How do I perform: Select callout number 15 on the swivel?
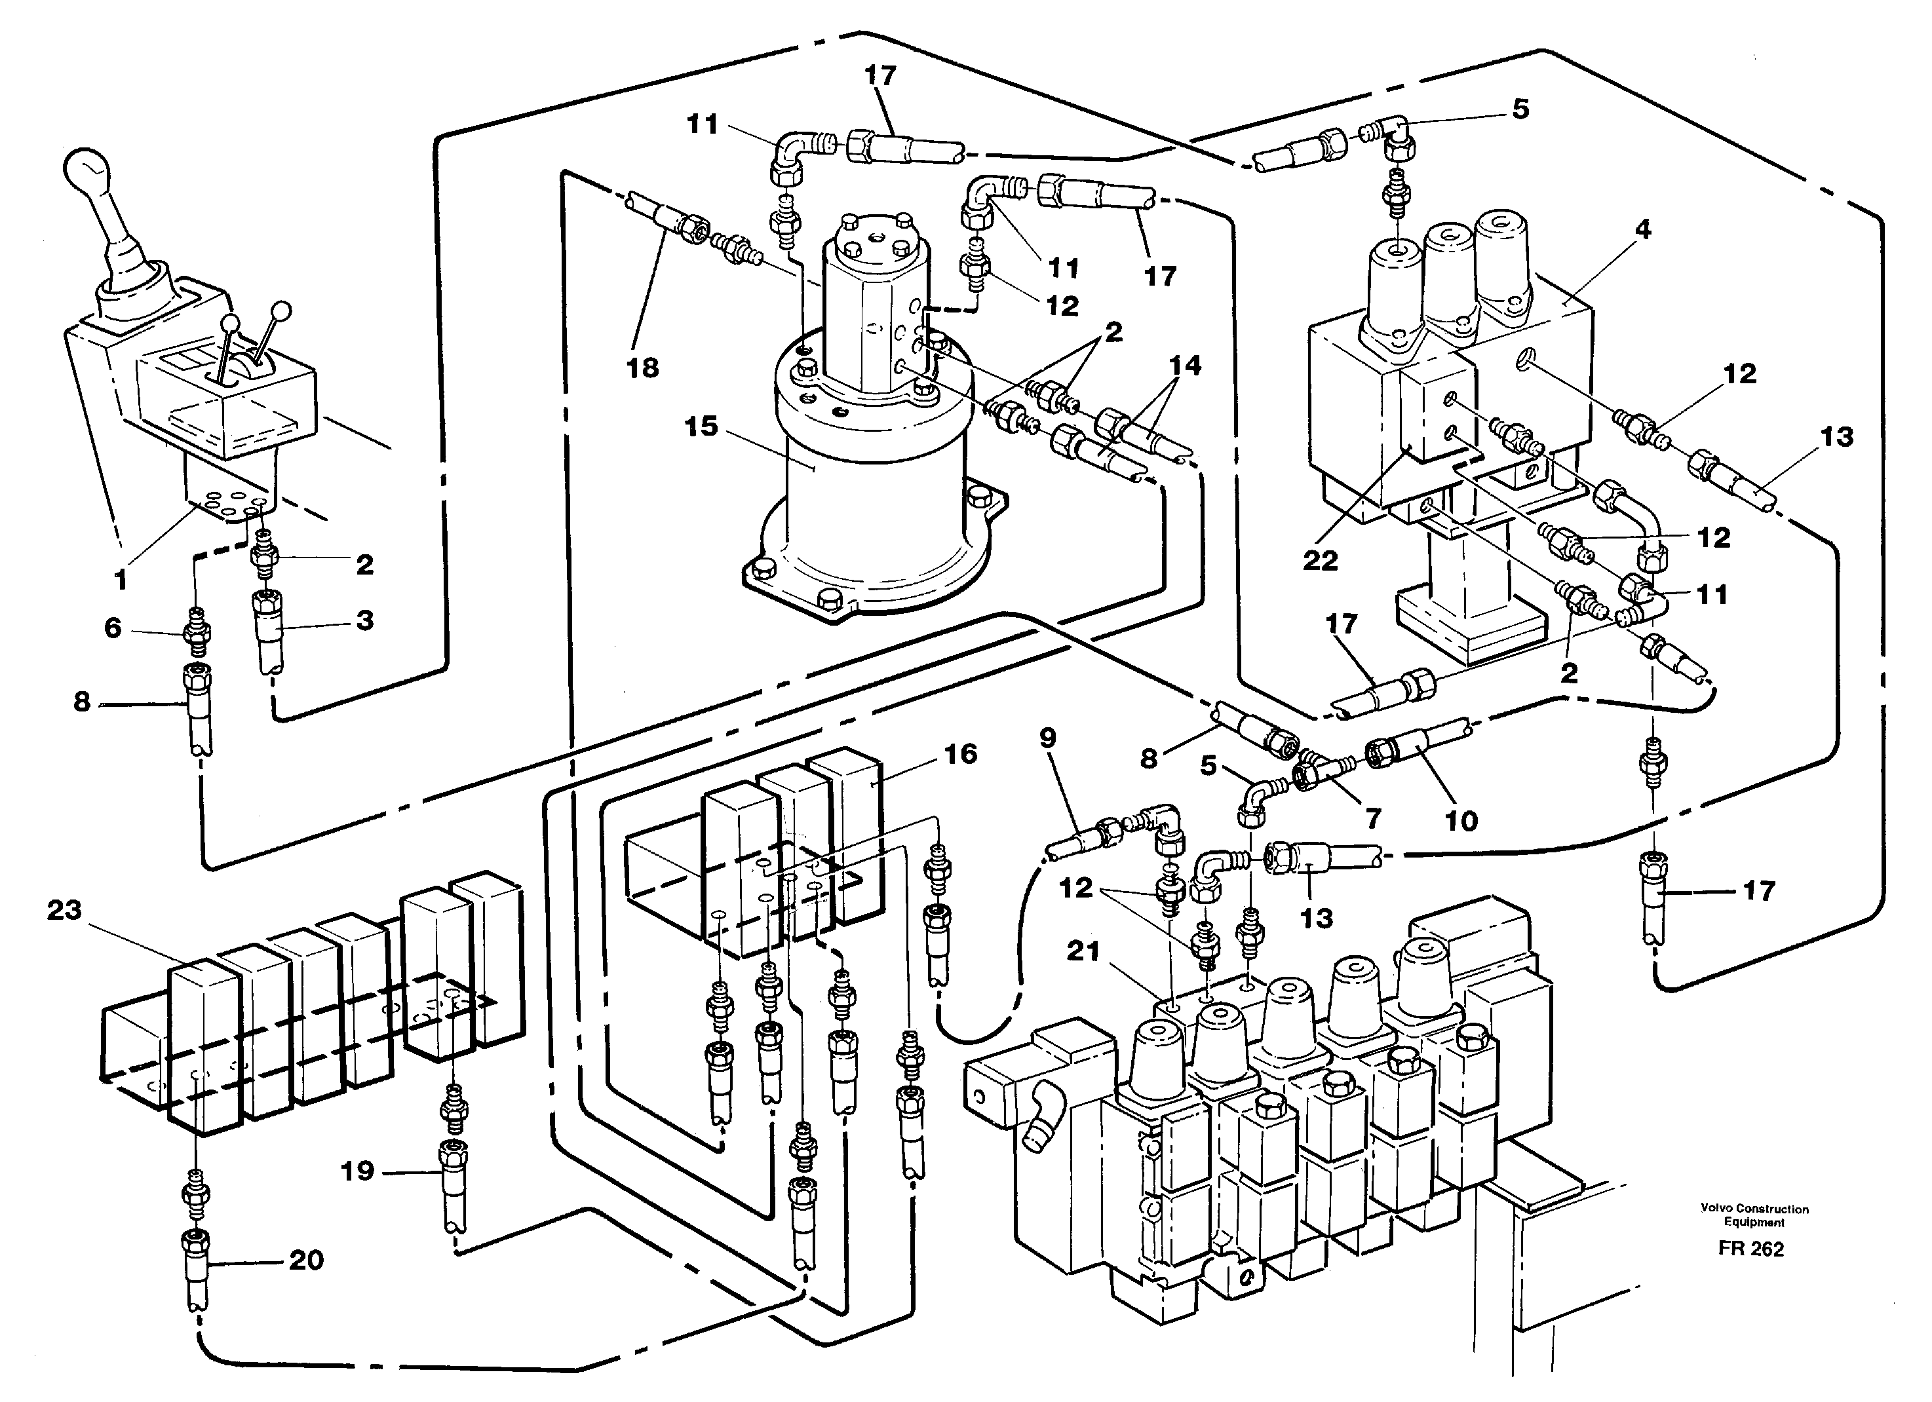pyautogui.click(x=701, y=426)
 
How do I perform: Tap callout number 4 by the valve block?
pyautogui.click(x=1642, y=229)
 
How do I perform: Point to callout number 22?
pyautogui.click(x=1319, y=559)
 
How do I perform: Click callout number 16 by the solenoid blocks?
pyautogui.click(x=960, y=754)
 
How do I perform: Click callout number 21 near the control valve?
pyautogui.click(x=1083, y=951)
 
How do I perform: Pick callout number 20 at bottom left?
pyautogui.click(x=306, y=1260)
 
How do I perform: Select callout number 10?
pyautogui.click(x=1461, y=820)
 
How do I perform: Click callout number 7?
pyautogui.click(x=1372, y=818)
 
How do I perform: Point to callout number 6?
pyautogui.click(x=113, y=628)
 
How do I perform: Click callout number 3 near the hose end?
pyautogui.click(x=364, y=620)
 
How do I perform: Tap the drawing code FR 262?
pyautogui.click(x=1750, y=1249)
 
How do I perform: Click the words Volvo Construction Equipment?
pyautogui.click(x=1754, y=1215)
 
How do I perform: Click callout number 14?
pyautogui.click(x=1185, y=366)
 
